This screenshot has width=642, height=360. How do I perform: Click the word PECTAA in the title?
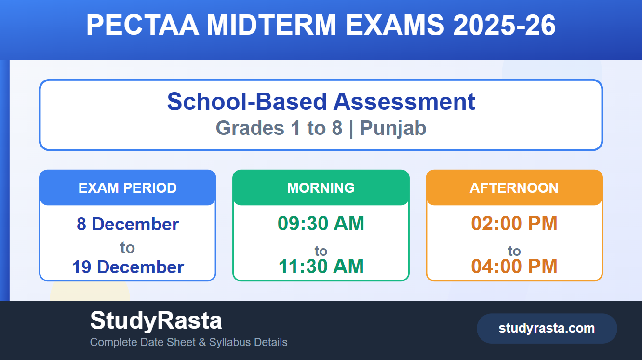click(143, 25)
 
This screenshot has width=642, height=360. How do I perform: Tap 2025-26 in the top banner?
click(505, 25)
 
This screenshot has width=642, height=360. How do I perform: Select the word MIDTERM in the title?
click(271, 25)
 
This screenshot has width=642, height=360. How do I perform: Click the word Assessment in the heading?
click(404, 102)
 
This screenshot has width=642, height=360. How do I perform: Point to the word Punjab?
click(393, 128)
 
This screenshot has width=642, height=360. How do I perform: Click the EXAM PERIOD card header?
click(128, 187)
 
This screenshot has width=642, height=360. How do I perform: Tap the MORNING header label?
click(321, 188)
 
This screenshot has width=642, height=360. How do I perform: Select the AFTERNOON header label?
click(514, 188)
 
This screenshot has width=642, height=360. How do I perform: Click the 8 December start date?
click(128, 224)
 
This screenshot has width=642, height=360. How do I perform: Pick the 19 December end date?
click(128, 267)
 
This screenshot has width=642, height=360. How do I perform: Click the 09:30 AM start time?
click(321, 223)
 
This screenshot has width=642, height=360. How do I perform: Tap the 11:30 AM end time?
click(321, 266)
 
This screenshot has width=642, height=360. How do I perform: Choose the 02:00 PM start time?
click(514, 223)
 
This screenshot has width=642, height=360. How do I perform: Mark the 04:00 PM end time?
click(514, 266)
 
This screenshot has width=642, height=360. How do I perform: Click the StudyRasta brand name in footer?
click(156, 321)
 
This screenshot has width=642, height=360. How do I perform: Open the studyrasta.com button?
click(547, 328)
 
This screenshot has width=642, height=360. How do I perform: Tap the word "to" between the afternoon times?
click(514, 251)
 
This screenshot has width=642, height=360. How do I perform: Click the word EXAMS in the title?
click(395, 25)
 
